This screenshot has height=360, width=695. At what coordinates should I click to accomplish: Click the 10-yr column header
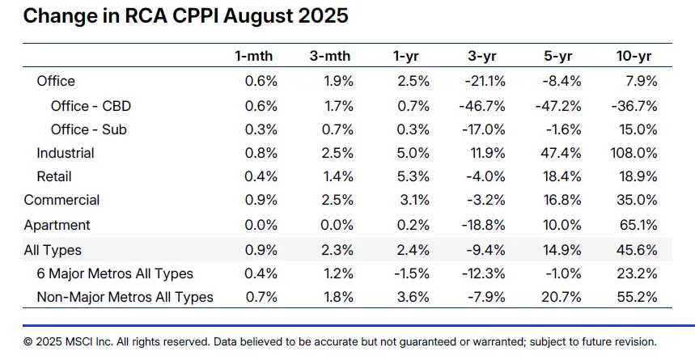point(634,56)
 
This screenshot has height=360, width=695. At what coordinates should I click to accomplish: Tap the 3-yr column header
point(482,56)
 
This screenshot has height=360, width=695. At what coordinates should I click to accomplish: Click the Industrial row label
point(65,153)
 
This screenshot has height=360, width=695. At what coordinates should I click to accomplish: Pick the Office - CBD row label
point(91,106)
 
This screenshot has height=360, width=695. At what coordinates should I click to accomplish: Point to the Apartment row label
point(57,225)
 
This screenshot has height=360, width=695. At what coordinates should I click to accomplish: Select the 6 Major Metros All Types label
point(115,274)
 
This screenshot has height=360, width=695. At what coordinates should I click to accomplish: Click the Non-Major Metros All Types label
point(125,298)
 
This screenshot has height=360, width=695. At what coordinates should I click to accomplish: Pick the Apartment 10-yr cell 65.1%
point(637,225)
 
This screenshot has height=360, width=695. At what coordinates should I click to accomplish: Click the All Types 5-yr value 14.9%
point(560,251)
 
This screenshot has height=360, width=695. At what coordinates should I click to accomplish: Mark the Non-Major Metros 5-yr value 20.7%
point(560,298)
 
